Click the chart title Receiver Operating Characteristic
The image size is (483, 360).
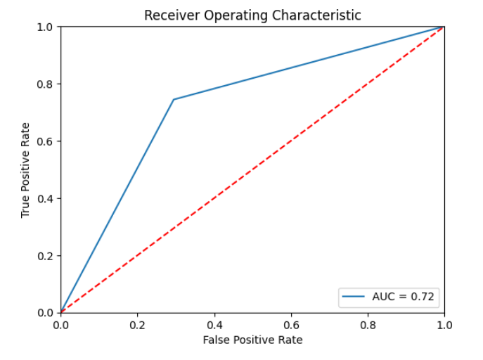pyautogui.click(x=252, y=15)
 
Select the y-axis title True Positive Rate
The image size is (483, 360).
pyautogui.click(x=26, y=169)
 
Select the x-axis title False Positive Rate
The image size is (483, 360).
pyautogui.click(x=252, y=340)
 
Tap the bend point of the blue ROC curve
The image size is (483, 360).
pyautogui.click(x=173, y=99)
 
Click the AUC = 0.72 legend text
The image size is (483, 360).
pyautogui.click(x=404, y=297)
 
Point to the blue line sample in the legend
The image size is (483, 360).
pyautogui.click(x=354, y=297)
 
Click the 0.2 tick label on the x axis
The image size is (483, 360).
pyautogui.click(x=138, y=326)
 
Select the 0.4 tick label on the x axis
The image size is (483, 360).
pyautogui.click(x=214, y=326)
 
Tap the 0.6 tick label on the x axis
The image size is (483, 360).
pyautogui.click(x=291, y=326)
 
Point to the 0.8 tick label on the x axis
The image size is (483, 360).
pyautogui.click(x=368, y=326)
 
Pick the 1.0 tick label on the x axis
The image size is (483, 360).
pyautogui.click(x=444, y=326)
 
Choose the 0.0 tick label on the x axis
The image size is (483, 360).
pyautogui.click(x=61, y=326)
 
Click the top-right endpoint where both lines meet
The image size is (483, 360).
pyautogui.click(x=444, y=27)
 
